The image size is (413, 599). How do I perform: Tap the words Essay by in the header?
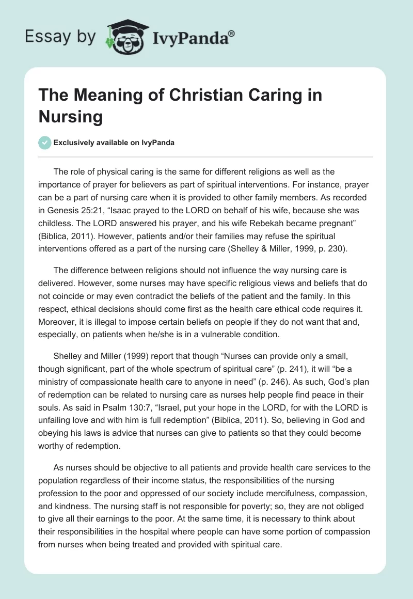[60, 37]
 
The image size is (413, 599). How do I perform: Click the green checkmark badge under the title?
[45, 143]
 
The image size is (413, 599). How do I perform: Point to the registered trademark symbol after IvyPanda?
[232, 34]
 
